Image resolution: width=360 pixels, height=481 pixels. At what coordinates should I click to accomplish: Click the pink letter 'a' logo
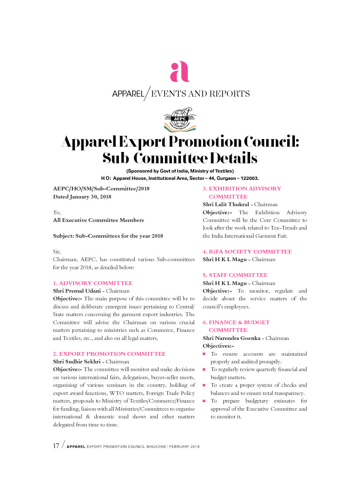pyautogui.click(x=180, y=72)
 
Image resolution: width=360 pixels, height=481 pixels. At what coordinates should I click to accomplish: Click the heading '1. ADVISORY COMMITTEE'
pyautogui.click(x=93, y=283)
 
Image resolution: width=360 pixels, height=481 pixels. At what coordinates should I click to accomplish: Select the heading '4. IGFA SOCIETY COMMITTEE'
pyautogui.click(x=247, y=251)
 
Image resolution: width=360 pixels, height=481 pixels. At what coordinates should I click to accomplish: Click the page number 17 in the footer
pyautogui.click(x=56, y=446)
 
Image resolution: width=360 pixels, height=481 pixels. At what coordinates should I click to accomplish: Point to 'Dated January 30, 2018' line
pyautogui.click(x=82, y=197)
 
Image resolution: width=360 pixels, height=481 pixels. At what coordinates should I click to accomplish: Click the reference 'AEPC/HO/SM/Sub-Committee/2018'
pyautogui.click(x=101, y=189)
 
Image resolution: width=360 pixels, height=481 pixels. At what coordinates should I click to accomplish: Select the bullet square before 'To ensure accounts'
pyautogui.click(x=204, y=354)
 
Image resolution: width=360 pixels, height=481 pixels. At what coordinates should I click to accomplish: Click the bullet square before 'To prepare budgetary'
pyautogui.click(x=204, y=401)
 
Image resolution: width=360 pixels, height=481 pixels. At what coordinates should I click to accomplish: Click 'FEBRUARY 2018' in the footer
pyautogui.click(x=184, y=447)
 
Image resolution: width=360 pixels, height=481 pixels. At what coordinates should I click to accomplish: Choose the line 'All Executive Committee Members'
pyautogui.click(x=98, y=220)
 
